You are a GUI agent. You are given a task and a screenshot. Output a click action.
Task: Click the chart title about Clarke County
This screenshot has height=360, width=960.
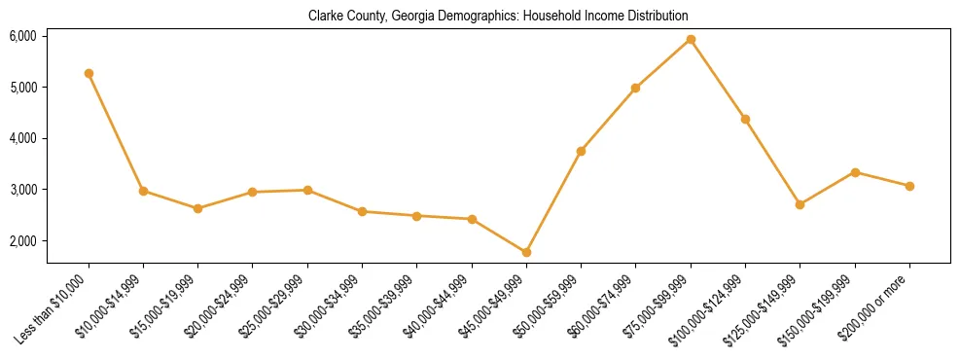[x=498, y=17]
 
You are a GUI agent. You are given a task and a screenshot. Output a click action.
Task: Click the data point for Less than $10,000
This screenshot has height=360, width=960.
[x=89, y=73]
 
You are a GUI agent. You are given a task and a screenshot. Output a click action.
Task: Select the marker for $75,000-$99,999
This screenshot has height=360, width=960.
[x=691, y=39]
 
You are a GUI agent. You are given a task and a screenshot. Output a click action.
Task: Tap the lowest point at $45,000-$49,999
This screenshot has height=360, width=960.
[x=526, y=252]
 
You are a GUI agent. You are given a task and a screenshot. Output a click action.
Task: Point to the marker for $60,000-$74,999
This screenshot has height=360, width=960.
[x=635, y=88]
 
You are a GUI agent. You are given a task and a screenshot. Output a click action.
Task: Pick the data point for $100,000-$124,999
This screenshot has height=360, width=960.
[x=745, y=119]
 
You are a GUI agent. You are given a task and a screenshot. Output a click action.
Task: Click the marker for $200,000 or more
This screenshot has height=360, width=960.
[x=909, y=186]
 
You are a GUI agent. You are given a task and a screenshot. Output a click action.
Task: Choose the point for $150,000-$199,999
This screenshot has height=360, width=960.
[x=855, y=172]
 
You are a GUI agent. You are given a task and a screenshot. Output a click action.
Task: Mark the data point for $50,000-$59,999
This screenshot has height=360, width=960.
[x=581, y=151]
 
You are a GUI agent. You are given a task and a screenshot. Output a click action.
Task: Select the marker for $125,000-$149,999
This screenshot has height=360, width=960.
[x=800, y=204]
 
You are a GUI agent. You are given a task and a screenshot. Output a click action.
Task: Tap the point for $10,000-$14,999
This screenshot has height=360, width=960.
[x=143, y=191]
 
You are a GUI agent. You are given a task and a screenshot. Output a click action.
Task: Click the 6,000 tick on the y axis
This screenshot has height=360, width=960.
[x=22, y=36]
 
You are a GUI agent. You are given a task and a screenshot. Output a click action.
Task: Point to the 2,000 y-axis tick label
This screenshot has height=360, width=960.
[x=22, y=240]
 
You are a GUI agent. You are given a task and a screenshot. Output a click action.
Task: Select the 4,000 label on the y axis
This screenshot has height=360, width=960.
[x=22, y=138]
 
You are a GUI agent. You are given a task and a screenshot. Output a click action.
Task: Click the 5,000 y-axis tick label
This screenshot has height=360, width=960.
[x=22, y=88]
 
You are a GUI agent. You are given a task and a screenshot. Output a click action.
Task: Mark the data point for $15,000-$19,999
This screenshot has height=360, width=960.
[x=197, y=208]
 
